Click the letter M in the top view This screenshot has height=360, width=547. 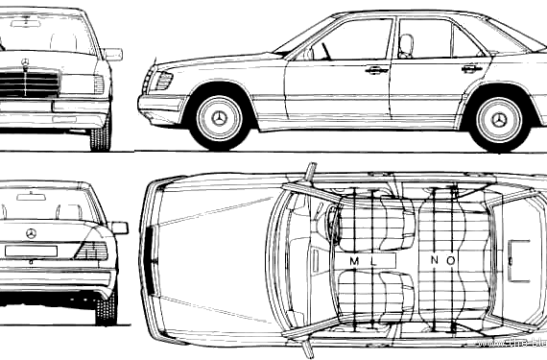(x=354, y=260)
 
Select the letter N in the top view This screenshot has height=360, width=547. (x=436, y=260)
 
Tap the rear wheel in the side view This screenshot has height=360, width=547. (x=498, y=119)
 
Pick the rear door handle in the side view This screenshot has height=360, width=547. (x=470, y=68)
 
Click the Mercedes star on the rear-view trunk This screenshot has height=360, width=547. (x=32, y=234)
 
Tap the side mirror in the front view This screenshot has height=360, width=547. (x=112, y=55)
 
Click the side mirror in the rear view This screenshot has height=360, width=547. (x=119, y=228)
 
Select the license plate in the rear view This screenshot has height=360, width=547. (x=31, y=252)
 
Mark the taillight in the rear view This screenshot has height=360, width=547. (x=92, y=251)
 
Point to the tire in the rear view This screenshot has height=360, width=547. (x=106, y=307)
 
